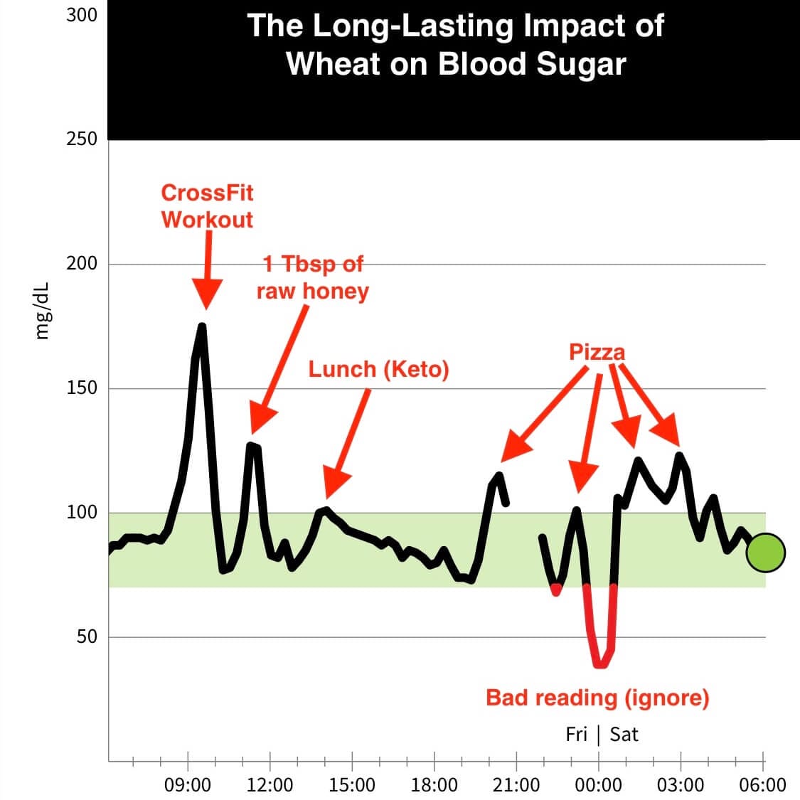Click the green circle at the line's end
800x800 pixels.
(765, 553)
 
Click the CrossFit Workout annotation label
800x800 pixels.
(207, 206)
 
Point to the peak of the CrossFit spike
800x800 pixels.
(202, 327)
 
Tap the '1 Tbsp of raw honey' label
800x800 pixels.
(313, 278)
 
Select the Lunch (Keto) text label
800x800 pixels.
(378, 369)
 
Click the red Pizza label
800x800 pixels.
(597, 352)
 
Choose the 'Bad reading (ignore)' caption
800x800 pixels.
(597, 698)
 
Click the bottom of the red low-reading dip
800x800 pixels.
(601, 663)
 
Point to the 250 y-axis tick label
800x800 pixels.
(81, 139)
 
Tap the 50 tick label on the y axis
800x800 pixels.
(86, 636)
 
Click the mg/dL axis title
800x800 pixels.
(44, 310)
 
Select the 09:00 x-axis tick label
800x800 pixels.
(188, 785)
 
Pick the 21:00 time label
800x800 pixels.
(516, 785)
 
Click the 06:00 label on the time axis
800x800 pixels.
(762, 785)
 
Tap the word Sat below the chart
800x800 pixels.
(624, 734)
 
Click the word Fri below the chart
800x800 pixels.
(576, 734)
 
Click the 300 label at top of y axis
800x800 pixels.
(81, 15)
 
